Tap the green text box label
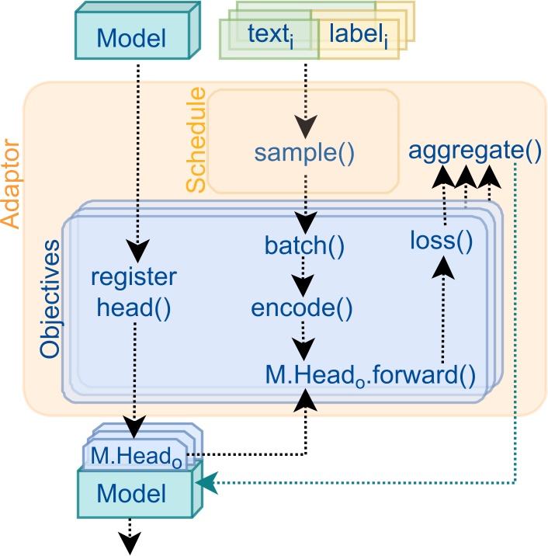[266, 35]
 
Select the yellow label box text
[358, 35]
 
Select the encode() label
[303, 308]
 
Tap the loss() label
[442, 241]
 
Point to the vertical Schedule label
[197, 140]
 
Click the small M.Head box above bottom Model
[137, 455]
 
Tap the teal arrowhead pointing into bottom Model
[205, 484]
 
